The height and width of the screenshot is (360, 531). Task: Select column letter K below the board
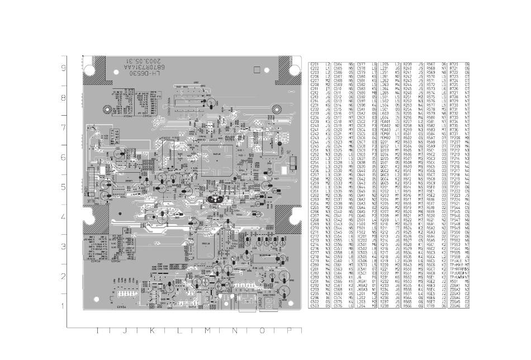pos(151,331)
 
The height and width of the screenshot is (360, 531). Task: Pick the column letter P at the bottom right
pos(289,331)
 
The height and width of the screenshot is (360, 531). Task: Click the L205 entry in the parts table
pos(384,64)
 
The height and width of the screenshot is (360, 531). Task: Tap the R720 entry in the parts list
pos(454,64)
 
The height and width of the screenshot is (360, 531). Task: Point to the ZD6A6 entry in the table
pos(454,306)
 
